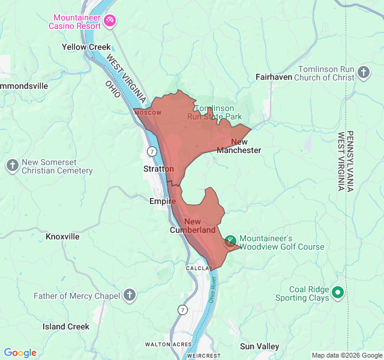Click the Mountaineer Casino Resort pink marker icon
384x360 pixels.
click(x=110, y=21)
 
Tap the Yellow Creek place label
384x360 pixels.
click(x=86, y=47)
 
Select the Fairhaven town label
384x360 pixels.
click(x=274, y=77)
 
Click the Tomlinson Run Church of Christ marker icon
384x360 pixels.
click(x=364, y=73)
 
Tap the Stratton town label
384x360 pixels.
click(x=158, y=169)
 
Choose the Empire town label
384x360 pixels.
click(x=162, y=202)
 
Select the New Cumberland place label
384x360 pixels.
click(x=193, y=226)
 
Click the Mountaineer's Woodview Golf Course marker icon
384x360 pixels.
click(x=230, y=242)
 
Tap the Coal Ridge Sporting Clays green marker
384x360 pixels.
click(x=338, y=293)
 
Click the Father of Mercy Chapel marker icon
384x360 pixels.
click(x=130, y=295)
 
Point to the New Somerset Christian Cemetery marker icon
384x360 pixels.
click(x=12, y=166)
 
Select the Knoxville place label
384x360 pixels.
click(x=62, y=236)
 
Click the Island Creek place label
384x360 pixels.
click(x=66, y=326)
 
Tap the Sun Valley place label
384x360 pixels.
click(x=259, y=346)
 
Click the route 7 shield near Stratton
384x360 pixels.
click(x=153, y=150)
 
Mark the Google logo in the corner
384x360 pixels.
click(x=20, y=353)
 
